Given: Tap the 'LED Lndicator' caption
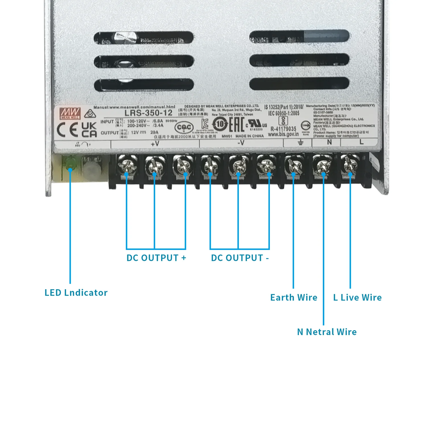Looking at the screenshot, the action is coord(76,293).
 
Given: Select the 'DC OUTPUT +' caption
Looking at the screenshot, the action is coord(156,258).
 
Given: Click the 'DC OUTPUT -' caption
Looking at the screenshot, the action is coord(240,258).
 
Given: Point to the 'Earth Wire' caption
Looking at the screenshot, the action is coord(294,297).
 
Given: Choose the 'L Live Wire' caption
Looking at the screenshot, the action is coord(358,297).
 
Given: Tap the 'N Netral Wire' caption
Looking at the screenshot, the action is coord(327,332).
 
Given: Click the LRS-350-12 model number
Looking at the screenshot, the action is coord(148,113).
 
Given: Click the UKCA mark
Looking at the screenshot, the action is coord(89,130).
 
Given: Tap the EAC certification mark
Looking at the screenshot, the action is coord(237,125).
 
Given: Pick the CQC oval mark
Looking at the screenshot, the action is coord(184,127).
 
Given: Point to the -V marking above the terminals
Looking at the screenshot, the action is coord(241,143).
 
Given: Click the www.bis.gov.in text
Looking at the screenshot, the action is coord(283,134).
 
